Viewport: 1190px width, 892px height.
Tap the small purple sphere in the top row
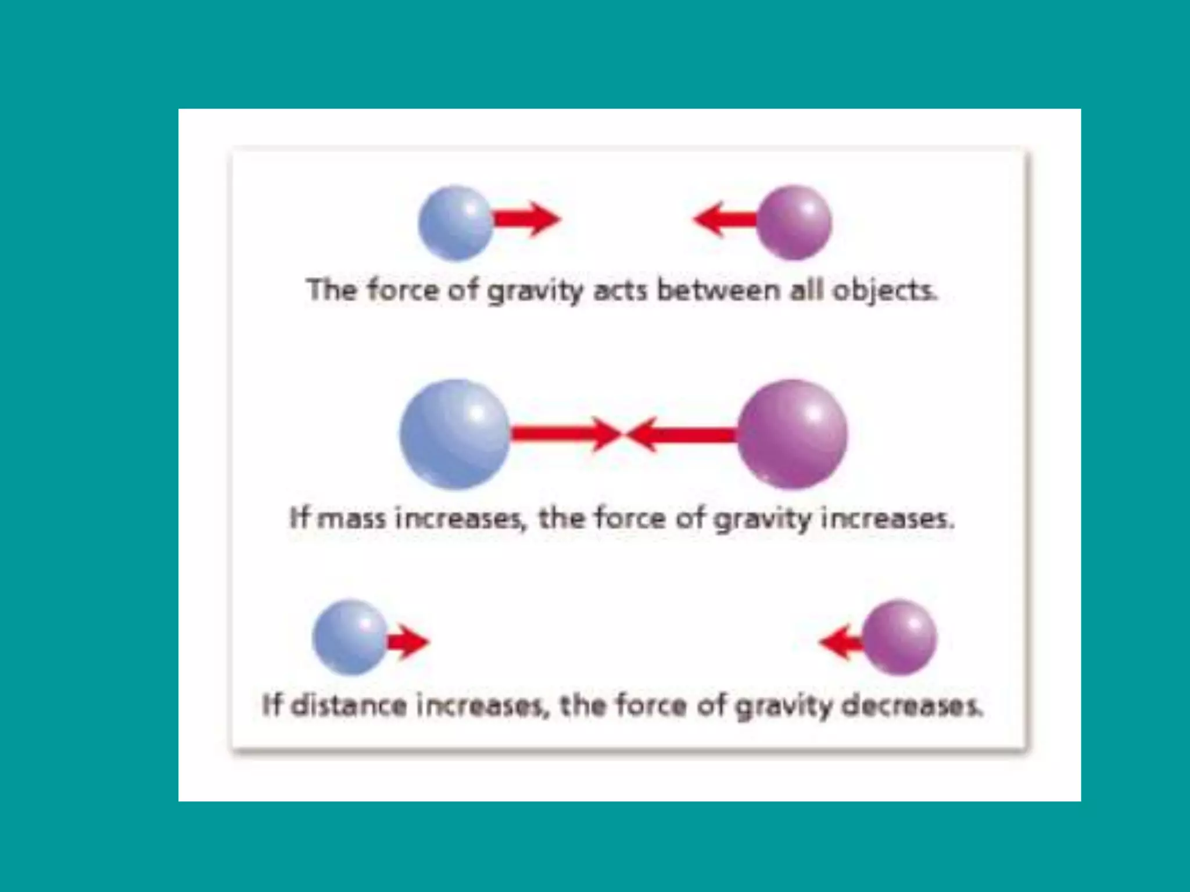(x=794, y=222)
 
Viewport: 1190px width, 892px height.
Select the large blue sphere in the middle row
(x=455, y=434)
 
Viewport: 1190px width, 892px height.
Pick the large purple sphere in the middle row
(x=793, y=434)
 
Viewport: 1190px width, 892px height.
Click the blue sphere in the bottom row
(x=350, y=637)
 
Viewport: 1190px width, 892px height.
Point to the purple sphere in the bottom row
(x=899, y=637)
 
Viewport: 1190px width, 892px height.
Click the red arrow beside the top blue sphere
(x=528, y=220)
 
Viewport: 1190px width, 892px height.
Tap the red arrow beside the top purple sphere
(x=725, y=220)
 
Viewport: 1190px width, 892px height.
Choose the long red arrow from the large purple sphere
(x=683, y=434)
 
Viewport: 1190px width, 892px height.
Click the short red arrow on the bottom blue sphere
(x=408, y=642)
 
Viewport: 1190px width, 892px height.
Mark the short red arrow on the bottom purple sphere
(x=841, y=642)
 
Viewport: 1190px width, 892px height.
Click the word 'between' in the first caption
(x=718, y=290)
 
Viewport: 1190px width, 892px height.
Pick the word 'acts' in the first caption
(x=619, y=290)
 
